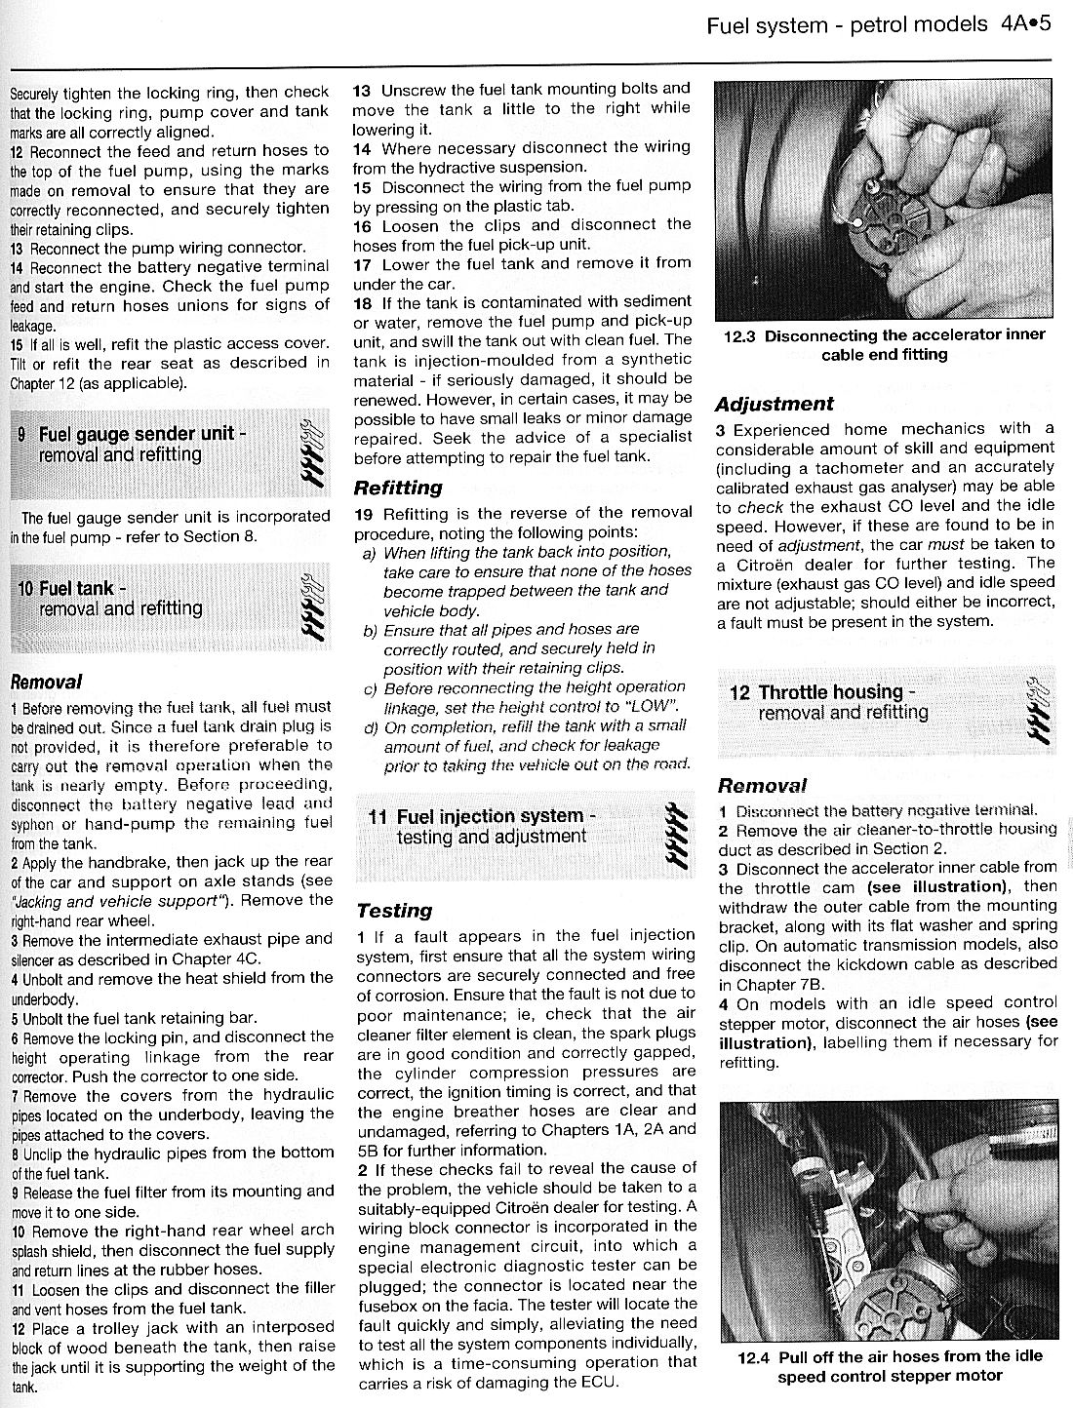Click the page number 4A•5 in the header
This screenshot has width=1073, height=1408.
tap(1024, 23)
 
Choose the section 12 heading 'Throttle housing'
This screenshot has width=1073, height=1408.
tap(830, 692)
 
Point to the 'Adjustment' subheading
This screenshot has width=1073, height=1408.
tap(775, 404)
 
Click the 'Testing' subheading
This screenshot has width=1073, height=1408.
tap(394, 911)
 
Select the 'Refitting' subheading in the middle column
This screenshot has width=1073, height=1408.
tap(397, 488)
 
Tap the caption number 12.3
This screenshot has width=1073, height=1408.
tap(740, 335)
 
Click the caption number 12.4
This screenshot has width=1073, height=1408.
tap(757, 1356)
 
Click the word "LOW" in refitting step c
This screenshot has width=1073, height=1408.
tap(650, 706)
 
